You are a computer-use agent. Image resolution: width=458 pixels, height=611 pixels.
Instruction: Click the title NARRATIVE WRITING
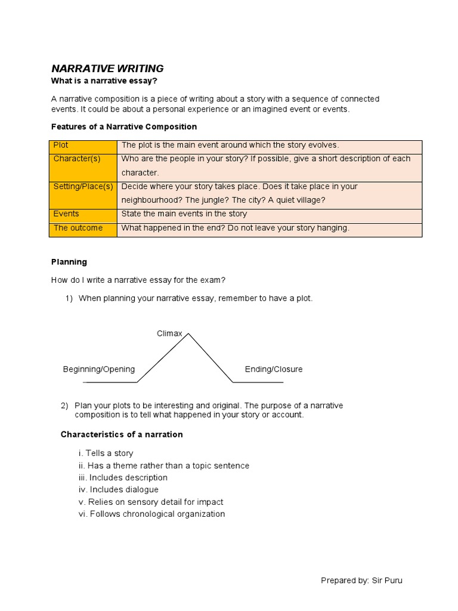coord(107,69)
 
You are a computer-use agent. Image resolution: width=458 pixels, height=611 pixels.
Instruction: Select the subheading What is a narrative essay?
coord(104,81)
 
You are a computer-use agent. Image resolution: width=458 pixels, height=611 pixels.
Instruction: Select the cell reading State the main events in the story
coord(184,214)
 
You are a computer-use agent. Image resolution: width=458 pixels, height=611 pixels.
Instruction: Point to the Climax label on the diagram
coord(169,334)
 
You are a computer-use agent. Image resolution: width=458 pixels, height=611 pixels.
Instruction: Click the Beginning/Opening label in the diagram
coord(99,369)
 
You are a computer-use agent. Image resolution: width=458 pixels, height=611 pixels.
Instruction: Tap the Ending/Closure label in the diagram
coord(274,369)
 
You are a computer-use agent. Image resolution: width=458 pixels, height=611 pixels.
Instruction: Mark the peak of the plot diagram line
coord(188,334)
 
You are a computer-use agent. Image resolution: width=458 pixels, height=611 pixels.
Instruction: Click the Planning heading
coord(69,262)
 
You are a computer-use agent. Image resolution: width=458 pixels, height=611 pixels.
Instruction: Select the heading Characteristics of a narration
coord(122,434)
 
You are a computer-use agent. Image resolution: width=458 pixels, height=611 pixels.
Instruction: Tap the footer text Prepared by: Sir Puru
coord(361,581)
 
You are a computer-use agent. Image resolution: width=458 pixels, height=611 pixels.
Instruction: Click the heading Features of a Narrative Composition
coord(124,127)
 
